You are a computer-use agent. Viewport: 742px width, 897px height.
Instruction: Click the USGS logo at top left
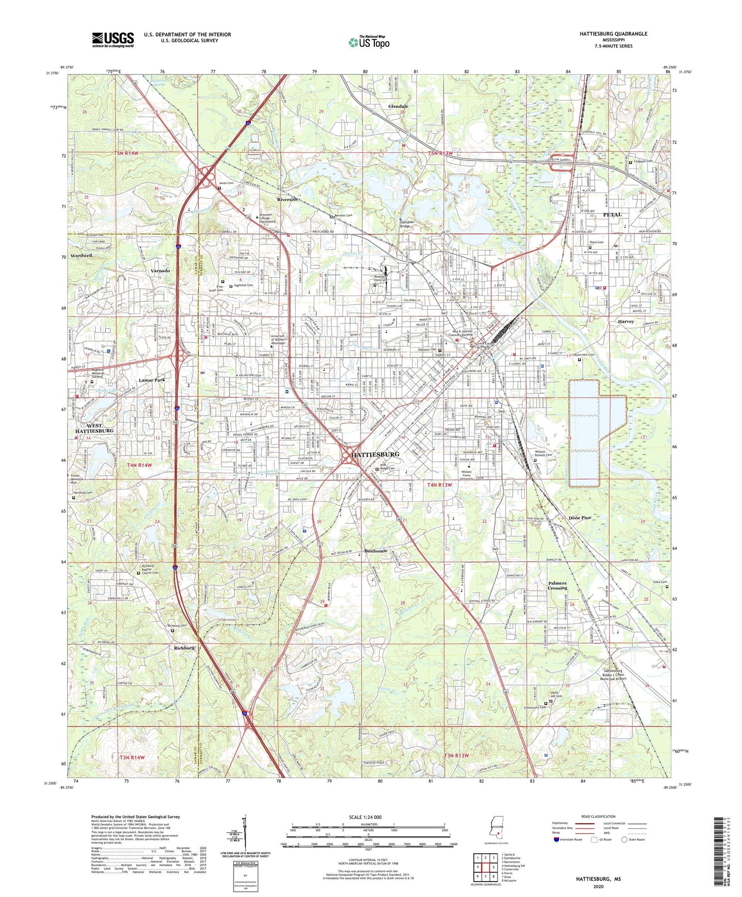tap(112, 39)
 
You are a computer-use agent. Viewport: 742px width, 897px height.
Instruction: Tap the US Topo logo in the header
tap(369, 42)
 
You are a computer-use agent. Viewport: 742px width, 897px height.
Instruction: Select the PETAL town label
tap(612, 214)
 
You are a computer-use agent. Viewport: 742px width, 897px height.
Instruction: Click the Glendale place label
tap(398, 106)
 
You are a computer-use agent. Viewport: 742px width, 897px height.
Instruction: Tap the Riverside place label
tap(288, 199)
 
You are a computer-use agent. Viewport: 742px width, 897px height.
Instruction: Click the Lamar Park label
tap(151, 380)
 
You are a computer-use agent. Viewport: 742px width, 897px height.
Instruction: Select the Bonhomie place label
tap(376, 551)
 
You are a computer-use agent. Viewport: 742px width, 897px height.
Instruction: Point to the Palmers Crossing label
tap(557, 585)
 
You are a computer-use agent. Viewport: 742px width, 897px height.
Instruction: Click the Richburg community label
tap(184, 648)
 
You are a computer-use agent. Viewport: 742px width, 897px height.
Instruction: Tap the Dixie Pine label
tap(580, 518)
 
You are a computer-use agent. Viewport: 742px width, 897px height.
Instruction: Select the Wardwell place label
tap(81, 255)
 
